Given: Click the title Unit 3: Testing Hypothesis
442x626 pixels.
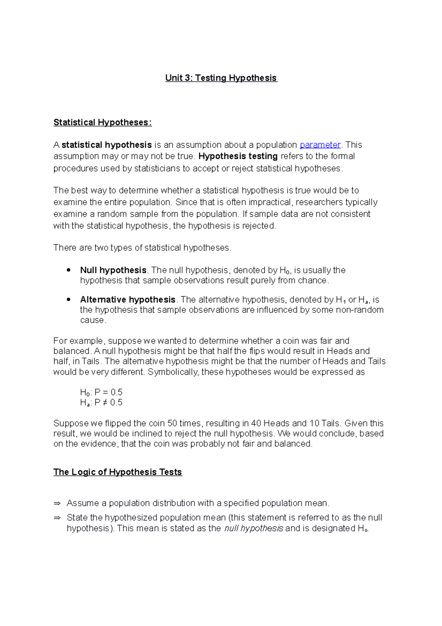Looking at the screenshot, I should click(x=221, y=78).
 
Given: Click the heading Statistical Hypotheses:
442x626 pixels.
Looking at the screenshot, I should click(x=102, y=122).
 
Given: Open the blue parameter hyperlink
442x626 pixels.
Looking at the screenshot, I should click(x=320, y=145).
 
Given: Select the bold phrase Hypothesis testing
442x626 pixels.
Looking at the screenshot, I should click(x=238, y=156).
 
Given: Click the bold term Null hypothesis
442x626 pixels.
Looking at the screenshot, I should click(x=113, y=270).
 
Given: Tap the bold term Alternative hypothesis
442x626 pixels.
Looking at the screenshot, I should click(x=127, y=300).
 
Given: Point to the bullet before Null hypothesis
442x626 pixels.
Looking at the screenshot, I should click(x=69, y=270).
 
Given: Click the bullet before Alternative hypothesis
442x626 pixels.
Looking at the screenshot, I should click(x=69, y=300).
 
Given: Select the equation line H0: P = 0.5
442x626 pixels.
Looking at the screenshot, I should click(x=101, y=392).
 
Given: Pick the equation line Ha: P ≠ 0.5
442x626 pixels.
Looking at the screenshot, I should click(x=101, y=403).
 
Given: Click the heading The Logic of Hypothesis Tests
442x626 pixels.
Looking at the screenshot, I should click(x=117, y=472).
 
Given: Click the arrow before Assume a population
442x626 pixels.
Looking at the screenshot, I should click(x=57, y=504).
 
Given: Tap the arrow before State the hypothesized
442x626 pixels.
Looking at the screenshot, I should click(x=57, y=518).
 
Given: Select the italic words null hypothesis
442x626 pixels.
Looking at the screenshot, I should click(x=253, y=529).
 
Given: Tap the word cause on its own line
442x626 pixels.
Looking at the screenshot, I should click(x=92, y=320).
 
